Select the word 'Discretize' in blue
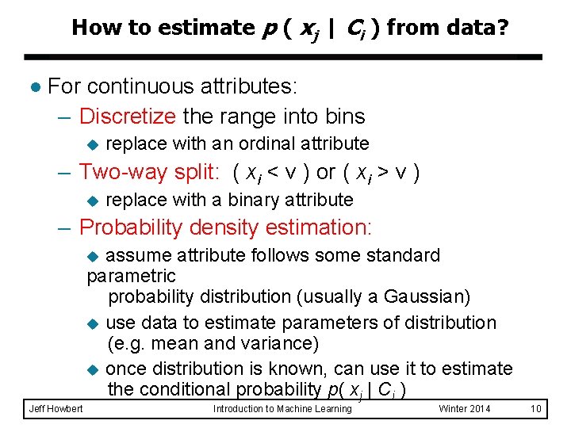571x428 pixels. (x=128, y=117)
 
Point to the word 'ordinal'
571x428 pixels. (x=268, y=143)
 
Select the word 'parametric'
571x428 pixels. (x=131, y=276)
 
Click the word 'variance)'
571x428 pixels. (x=280, y=343)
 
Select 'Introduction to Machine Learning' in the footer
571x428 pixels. (x=282, y=408)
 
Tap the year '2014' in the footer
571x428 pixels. (x=477, y=408)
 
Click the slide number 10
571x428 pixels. (x=536, y=408)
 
